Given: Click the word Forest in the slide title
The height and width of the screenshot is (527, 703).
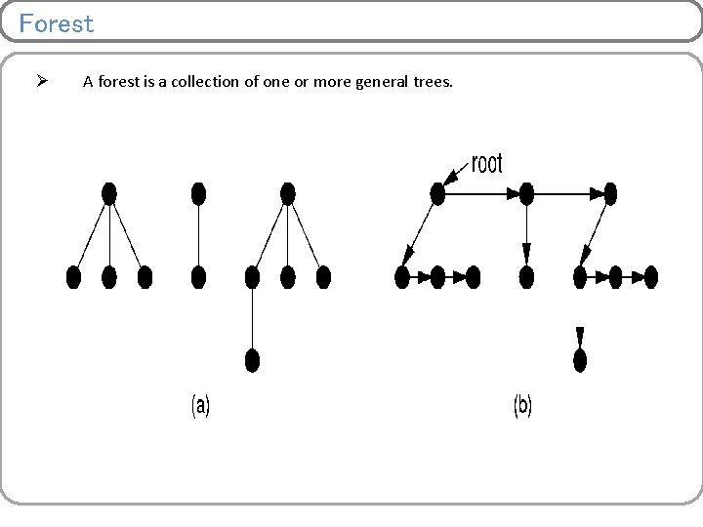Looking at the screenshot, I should coord(57,23).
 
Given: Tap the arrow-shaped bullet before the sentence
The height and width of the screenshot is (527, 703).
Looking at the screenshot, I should coord(42,81).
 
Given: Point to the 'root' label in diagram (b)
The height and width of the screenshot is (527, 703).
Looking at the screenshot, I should coord(486,164).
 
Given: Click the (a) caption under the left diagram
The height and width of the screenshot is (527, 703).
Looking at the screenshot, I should coord(199,406).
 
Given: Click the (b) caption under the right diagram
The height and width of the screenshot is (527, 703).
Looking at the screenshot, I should coord(522,406).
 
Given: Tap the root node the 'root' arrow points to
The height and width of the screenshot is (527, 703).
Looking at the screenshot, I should coord(437,194).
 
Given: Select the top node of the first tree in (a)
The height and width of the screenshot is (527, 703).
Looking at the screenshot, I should coord(109,193).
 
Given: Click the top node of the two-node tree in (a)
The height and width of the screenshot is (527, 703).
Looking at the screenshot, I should coord(198,193).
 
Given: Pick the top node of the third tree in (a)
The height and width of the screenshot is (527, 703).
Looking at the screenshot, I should coord(287,193).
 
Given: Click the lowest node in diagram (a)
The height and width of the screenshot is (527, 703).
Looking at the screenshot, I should coord(252,360).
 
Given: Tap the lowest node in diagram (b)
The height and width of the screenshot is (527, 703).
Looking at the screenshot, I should coord(580,360).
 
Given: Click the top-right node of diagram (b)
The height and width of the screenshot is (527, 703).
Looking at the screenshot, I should coord(611,194).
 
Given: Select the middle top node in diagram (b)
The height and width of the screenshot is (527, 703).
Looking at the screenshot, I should coord(526,194).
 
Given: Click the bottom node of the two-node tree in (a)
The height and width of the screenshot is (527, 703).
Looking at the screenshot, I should coord(198,277).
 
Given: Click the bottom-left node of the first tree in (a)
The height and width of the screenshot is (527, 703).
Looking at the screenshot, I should coord(73,277).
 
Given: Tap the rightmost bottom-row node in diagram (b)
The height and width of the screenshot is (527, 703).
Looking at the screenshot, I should coord(651,277).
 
